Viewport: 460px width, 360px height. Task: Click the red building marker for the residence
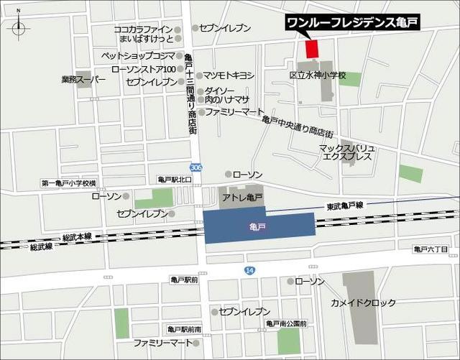pyautogui.click(x=311, y=49)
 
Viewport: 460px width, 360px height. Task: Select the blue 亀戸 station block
pyautogui.click(x=259, y=226)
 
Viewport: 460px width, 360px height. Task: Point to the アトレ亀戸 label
pyautogui.click(x=242, y=197)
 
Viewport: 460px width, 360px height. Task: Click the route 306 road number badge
pyautogui.click(x=197, y=167)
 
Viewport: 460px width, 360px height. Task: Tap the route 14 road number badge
pyautogui.click(x=249, y=269)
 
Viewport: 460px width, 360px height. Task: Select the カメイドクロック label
pyautogui.click(x=363, y=303)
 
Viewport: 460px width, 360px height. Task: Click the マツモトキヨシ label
pyautogui.click(x=229, y=75)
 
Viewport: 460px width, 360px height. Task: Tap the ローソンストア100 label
pyautogui.click(x=143, y=69)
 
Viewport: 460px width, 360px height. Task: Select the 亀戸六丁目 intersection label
pyautogui.click(x=431, y=249)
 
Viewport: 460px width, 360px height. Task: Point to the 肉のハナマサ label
pyautogui.click(x=227, y=101)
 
